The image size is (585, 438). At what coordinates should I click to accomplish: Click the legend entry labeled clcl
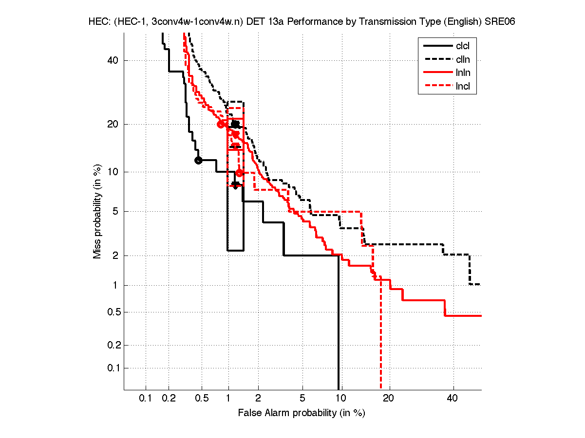[463, 46]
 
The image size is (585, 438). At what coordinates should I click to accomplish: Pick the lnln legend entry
[463, 73]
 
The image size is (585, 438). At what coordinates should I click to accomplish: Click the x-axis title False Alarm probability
[301, 413]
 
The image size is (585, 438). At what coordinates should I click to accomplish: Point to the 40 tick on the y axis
[113, 60]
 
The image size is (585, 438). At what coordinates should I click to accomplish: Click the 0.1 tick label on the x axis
[145, 399]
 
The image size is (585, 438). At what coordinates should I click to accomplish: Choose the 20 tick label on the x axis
[388, 399]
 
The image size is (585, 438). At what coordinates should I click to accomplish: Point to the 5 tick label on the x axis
[302, 399]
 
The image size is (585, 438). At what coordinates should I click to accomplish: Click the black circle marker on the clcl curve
[198, 160]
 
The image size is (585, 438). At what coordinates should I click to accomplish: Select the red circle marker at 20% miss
[221, 124]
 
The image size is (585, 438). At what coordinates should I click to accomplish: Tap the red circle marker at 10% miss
[239, 173]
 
